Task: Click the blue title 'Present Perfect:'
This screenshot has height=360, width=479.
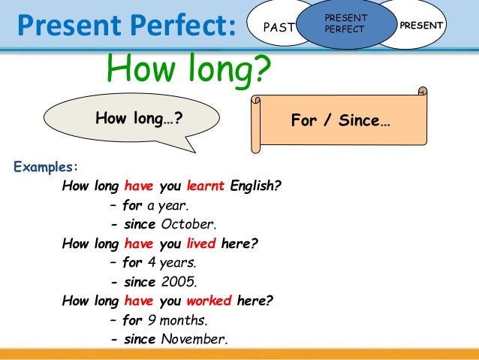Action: (126, 26)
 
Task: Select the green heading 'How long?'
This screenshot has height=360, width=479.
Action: (188, 70)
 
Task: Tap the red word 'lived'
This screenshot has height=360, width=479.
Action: (202, 244)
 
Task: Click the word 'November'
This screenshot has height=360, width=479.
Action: (194, 340)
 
